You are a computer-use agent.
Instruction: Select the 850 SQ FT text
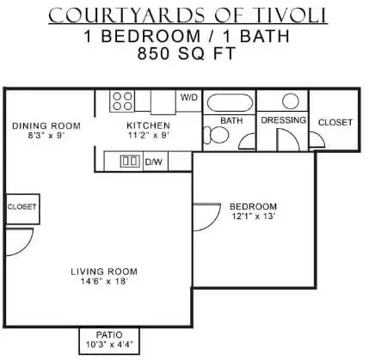187,53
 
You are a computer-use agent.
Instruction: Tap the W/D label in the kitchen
189,97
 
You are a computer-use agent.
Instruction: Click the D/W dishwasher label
154,162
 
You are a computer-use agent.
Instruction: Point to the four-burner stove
122,101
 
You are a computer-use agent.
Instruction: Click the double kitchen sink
131,161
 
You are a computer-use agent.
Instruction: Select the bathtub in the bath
230,102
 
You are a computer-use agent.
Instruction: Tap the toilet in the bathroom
216,135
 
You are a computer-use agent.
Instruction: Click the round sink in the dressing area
291,101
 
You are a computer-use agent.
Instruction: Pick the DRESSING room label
283,120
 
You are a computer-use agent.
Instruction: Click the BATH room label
231,120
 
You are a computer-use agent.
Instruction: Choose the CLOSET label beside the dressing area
335,123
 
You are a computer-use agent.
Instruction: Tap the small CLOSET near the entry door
22,207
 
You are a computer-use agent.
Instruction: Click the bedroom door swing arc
215,221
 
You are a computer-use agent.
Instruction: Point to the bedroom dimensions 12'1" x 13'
254,217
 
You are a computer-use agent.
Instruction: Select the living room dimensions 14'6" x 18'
104,281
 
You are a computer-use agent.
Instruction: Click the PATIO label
109,334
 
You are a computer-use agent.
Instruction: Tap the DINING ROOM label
46,125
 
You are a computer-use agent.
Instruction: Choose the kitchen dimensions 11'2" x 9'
148,135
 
